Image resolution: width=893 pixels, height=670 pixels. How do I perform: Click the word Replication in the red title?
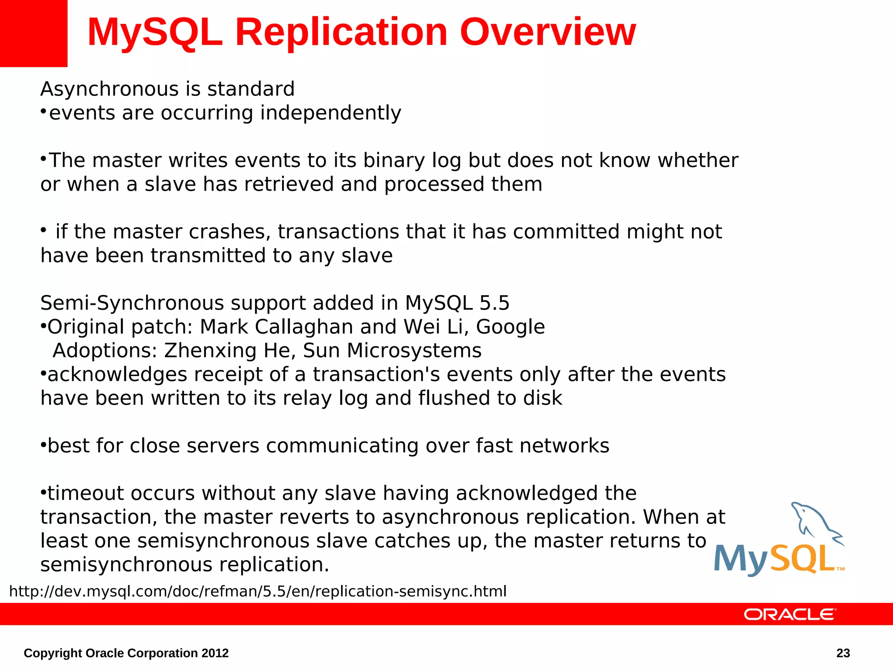point(341,32)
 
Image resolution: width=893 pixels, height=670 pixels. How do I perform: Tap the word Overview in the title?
point(548,32)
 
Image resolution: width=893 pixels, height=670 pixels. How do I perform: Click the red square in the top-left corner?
point(34,33)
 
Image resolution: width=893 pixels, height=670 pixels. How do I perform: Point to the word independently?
point(331,113)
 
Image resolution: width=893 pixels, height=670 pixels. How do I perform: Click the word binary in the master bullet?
point(394,161)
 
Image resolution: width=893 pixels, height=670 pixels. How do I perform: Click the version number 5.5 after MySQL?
point(494,303)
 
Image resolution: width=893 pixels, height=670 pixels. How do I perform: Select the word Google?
point(510,327)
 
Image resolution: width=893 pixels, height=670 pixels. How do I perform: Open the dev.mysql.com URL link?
point(258,591)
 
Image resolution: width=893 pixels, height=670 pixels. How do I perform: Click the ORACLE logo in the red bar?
point(790,614)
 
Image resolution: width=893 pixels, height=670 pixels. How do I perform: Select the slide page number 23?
point(843,653)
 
